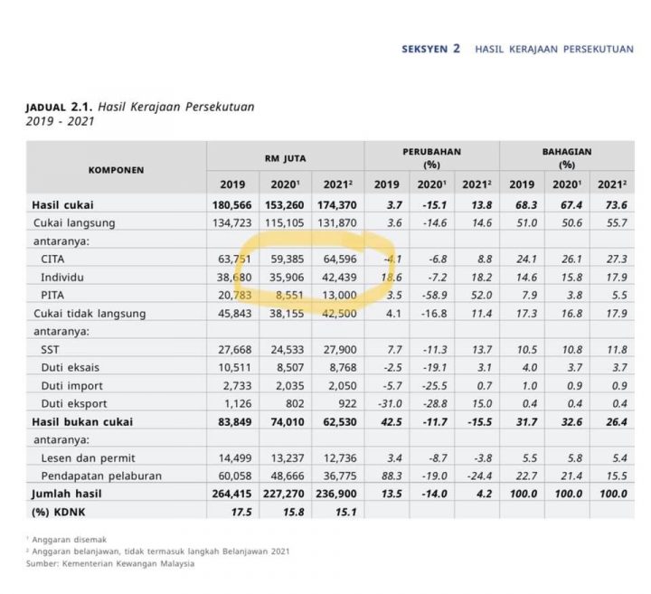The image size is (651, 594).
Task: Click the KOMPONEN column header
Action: click(x=116, y=170)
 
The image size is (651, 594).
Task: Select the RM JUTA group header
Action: click(x=285, y=158)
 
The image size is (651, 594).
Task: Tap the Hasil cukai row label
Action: click(x=62, y=205)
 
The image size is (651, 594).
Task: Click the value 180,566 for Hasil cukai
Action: click(x=232, y=205)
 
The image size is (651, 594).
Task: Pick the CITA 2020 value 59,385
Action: click(x=288, y=259)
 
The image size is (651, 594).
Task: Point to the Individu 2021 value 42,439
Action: click(x=339, y=277)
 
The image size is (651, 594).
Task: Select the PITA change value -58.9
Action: click(x=435, y=295)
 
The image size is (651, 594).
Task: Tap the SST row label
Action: click(x=50, y=350)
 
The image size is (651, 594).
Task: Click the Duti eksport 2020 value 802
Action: click(x=295, y=403)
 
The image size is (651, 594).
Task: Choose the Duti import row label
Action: click(x=71, y=386)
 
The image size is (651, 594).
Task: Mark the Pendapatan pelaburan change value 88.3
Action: click(x=392, y=476)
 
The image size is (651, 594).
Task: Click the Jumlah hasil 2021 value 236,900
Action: click(x=336, y=494)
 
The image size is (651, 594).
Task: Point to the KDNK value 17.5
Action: click(x=241, y=512)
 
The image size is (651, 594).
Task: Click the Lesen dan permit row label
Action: click(x=88, y=457)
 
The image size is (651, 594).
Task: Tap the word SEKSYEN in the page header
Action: click(x=425, y=49)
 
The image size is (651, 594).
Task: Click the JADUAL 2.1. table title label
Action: click(x=59, y=107)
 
